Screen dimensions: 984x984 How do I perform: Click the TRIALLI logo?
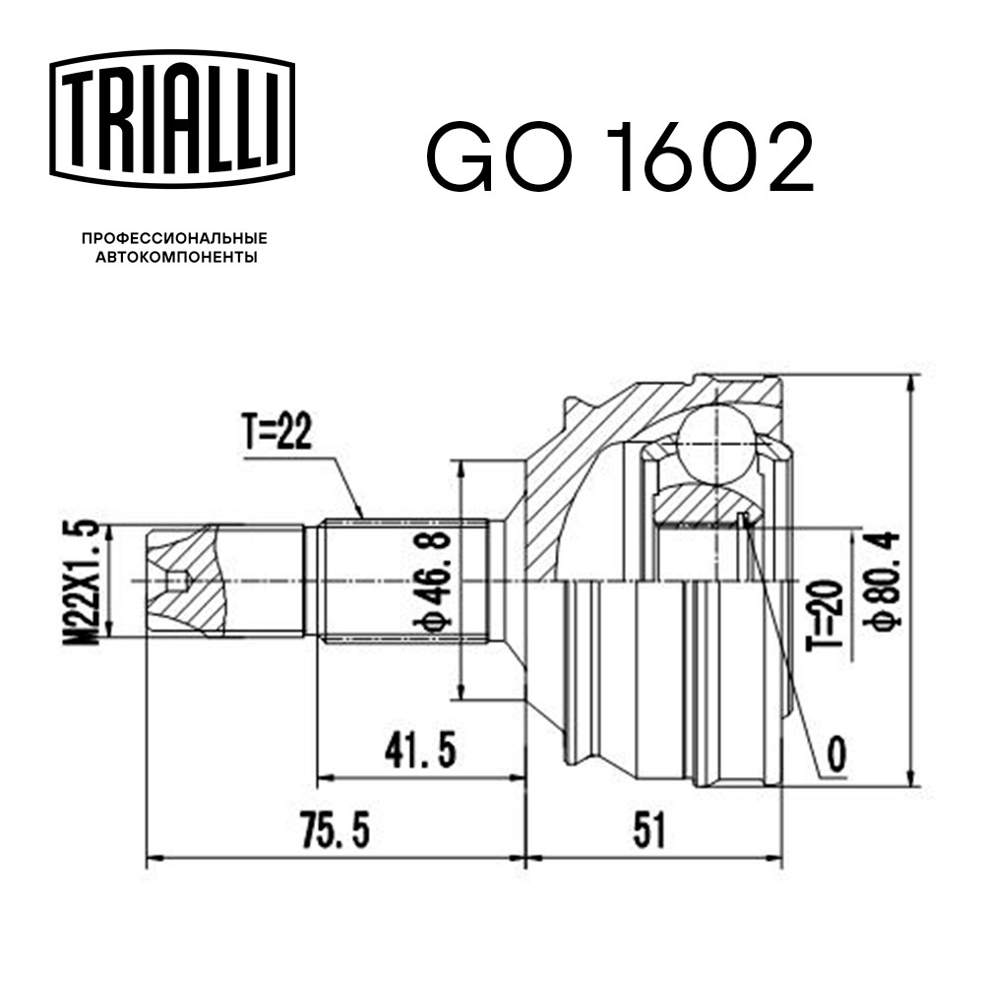coord(172,119)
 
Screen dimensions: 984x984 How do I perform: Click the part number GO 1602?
coord(620,156)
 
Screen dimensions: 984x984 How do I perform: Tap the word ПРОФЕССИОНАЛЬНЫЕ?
coord(175,238)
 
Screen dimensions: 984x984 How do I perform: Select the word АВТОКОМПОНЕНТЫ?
coord(176,257)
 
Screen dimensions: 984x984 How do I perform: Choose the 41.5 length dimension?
coord(419,750)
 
